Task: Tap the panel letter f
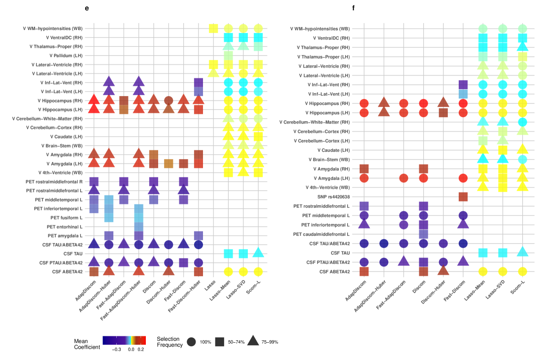click(x=353, y=8)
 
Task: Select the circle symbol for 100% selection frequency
click(x=191, y=341)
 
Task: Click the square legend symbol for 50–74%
click(x=220, y=341)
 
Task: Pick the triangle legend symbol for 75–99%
click(x=253, y=341)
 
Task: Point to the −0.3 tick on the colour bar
click(x=117, y=348)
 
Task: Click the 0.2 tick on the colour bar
click(x=141, y=348)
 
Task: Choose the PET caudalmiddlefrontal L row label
click(x=322, y=234)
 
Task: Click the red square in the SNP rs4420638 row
click(x=463, y=196)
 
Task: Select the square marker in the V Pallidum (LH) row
click(x=228, y=56)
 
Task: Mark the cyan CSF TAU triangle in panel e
click(x=258, y=253)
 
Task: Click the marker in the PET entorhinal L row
click(x=139, y=227)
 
